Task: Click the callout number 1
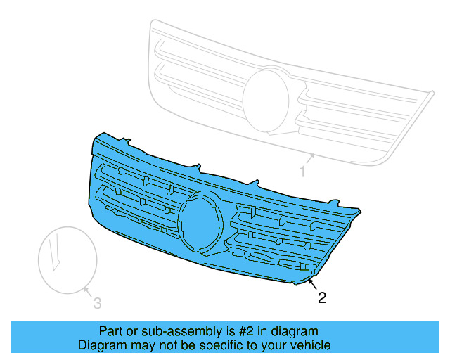tap(303, 172)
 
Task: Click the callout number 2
tap(322, 298)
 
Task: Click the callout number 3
tap(98, 303)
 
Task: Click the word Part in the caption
tap(111, 331)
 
